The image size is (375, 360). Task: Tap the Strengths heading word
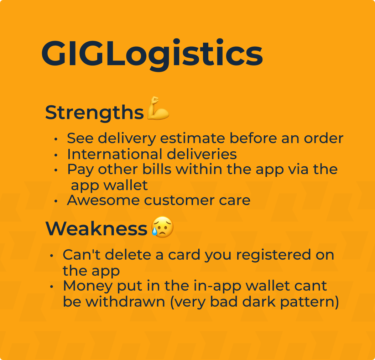(x=94, y=113)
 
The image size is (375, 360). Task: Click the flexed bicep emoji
(x=158, y=108)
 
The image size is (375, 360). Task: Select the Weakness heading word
(x=97, y=229)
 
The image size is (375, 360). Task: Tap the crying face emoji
(x=162, y=228)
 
